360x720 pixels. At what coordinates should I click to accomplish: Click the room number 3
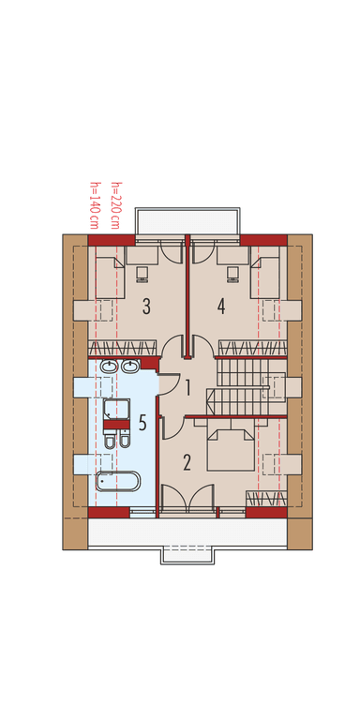146,307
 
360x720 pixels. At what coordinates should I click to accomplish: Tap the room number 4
221,307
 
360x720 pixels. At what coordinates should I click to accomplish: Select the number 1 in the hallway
187,388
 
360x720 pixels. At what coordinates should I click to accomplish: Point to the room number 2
187,463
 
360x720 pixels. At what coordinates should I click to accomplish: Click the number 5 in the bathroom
142,423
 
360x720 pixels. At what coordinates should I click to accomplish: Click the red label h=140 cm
94,205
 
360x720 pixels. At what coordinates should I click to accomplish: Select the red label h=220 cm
115,205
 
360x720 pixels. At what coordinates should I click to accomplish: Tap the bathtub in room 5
118,481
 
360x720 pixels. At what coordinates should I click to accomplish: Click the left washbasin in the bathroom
109,366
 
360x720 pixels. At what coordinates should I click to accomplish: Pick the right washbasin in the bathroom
131,366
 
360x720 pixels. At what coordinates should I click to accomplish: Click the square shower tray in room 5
116,410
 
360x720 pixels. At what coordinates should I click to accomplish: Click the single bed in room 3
111,277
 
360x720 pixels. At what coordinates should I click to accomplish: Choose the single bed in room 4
265,277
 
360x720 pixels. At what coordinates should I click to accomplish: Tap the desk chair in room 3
142,274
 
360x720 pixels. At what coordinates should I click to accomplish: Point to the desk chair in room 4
232,274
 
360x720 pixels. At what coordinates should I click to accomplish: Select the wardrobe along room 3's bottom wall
122,348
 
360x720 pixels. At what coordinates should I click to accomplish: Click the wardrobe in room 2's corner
267,498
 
